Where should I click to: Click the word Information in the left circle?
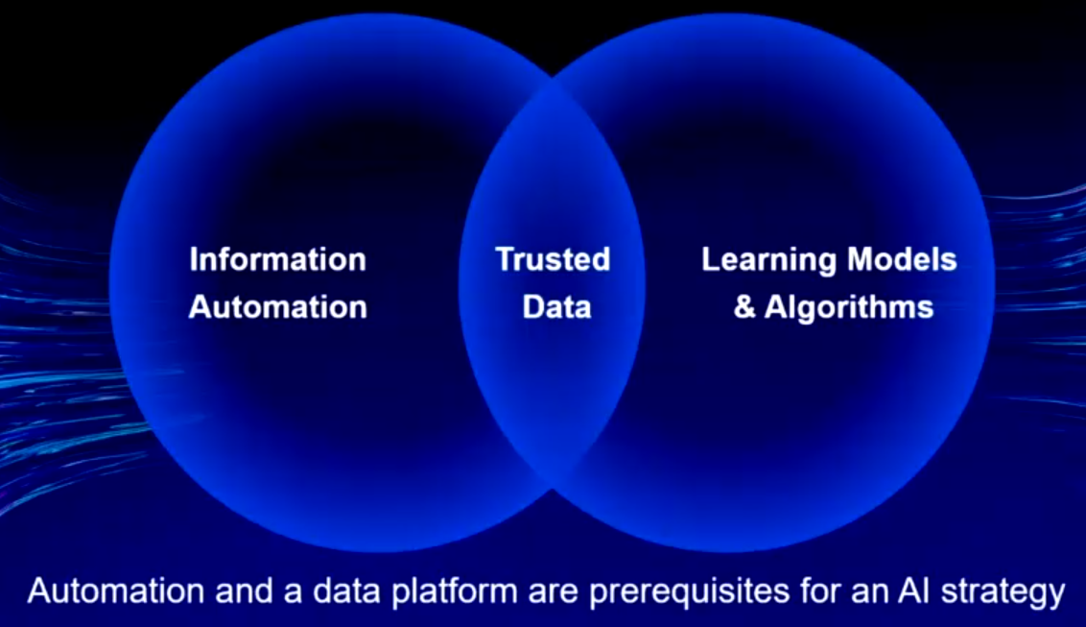pyautogui.click(x=277, y=260)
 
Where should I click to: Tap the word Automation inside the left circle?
pyautogui.click(x=277, y=307)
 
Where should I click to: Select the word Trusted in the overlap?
pyautogui.click(x=553, y=260)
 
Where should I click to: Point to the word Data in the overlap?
pyautogui.click(x=556, y=307)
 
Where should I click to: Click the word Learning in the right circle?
pyautogui.click(x=768, y=261)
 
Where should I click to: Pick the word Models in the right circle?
pyautogui.click(x=902, y=260)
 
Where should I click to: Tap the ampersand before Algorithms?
pyautogui.click(x=744, y=307)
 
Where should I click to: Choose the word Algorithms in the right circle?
pyautogui.click(x=849, y=308)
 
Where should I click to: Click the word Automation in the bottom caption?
pyautogui.click(x=116, y=591)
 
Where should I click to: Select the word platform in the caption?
pyautogui.click(x=455, y=593)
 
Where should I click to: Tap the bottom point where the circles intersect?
pyautogui.click(x=552, y=489)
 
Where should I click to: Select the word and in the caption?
pyautogui.click(x=244, y=591)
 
